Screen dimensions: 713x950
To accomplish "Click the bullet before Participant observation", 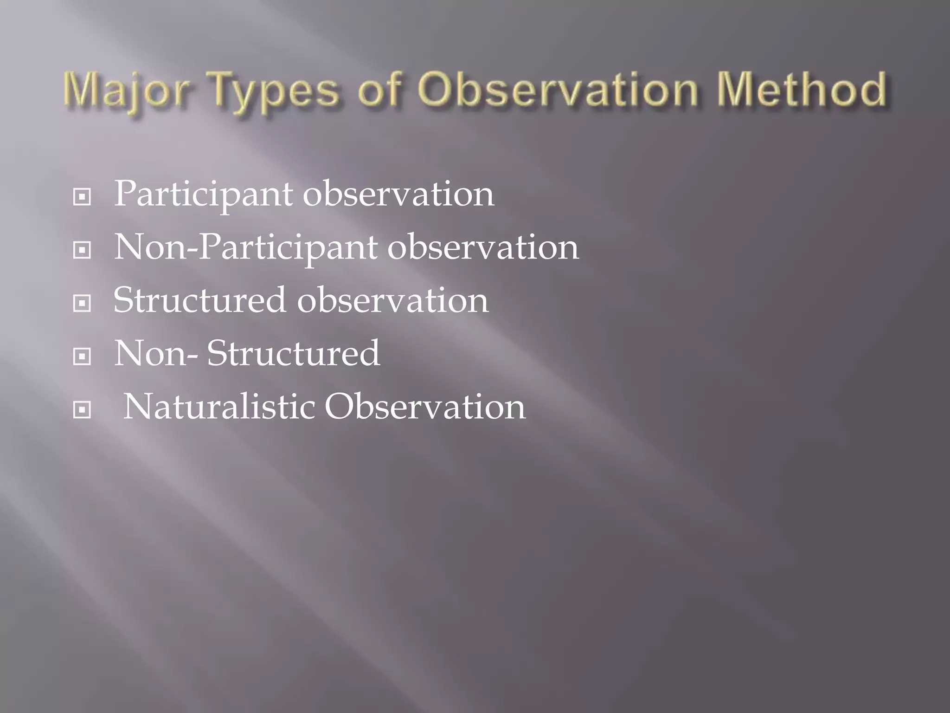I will (82, 197).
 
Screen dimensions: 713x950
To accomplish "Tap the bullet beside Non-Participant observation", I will (82, 251).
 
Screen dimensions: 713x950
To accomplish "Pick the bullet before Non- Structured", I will (82, 357).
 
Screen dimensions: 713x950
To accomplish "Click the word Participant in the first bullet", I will (203, 194).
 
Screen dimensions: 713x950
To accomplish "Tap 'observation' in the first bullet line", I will (398, 194).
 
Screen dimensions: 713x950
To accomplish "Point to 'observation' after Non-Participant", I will (483, 247).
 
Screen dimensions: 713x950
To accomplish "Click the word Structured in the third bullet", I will (199, 300).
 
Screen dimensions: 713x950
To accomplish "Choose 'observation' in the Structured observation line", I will (392, 300).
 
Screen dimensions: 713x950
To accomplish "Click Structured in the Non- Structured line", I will (293, 353).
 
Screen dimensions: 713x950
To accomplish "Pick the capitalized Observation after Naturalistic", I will (424, 407).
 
